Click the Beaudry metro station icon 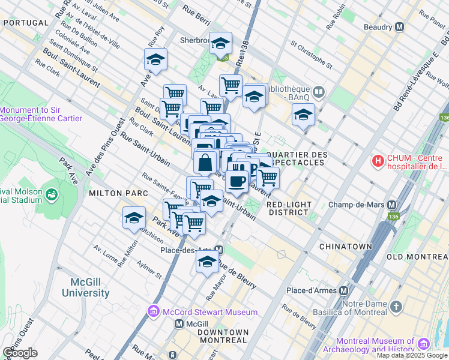coord(399,27)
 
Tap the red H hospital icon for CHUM coord(378,161)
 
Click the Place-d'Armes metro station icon coord(343,290)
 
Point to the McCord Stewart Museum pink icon coord(152,311)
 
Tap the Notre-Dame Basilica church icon coord(396,307)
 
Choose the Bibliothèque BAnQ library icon coord(319,92)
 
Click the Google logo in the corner coord(20,352)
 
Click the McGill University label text coord(86,288)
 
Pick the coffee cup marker coord(237,181)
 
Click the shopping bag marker coord(205,162)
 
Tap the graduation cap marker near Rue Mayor coord(207,262)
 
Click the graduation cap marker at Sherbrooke coord(220,43)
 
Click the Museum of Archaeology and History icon coord(424,343)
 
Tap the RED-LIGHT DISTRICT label coord(290,208)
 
